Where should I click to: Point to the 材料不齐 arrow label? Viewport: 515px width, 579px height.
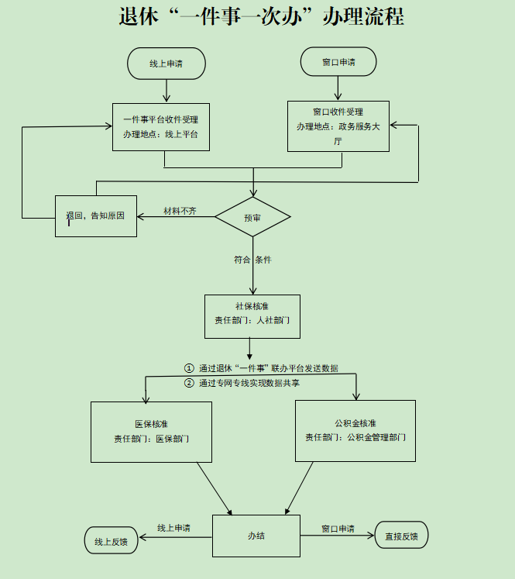180,211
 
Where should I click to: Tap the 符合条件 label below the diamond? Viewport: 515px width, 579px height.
252,260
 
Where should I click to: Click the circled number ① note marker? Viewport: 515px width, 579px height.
189,368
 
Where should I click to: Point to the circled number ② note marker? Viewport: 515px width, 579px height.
189,383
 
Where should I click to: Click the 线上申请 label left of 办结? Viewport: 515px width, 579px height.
173,528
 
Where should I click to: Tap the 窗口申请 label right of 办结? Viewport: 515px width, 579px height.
338,529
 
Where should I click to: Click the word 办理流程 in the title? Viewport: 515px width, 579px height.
364,17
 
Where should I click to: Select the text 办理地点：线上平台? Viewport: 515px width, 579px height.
160,134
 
